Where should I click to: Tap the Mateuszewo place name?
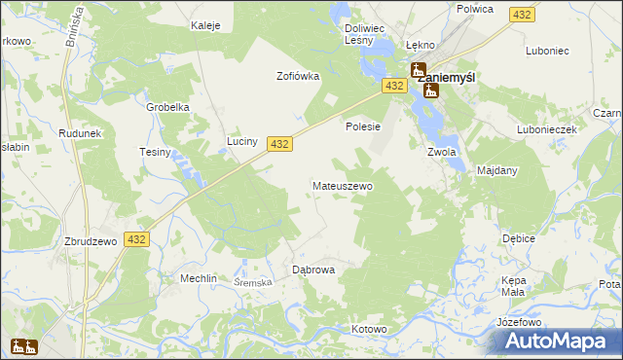[x=341, y=185]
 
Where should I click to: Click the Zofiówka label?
[x=298, y=76]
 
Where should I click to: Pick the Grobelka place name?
[x=166, y=107]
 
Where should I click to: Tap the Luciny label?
[x=241, y=142]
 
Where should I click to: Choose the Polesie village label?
[x=362, y=126]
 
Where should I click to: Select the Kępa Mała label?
[x=513, y=285]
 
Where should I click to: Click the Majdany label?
[x=497, y=170]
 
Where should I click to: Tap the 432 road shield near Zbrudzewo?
[x=137, y=239]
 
